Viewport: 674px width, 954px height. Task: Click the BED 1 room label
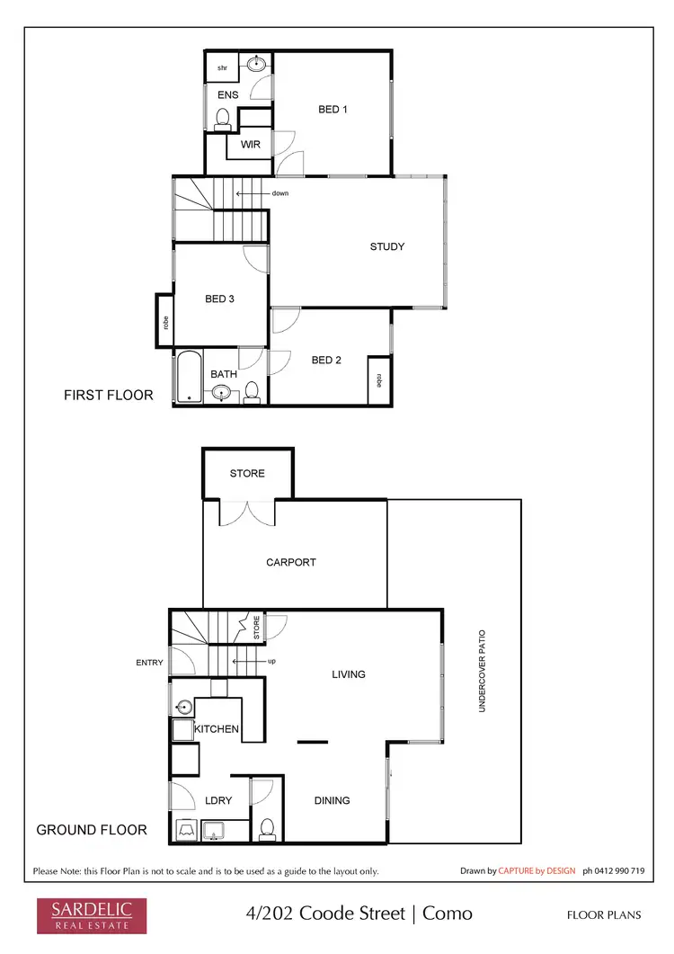(333, 109)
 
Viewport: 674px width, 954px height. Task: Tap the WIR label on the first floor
(250, 144)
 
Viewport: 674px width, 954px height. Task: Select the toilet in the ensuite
(223, 118)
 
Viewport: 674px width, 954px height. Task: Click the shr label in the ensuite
(222, 67)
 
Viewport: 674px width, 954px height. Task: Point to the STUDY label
(387, 246)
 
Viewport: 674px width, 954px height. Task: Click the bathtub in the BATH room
(189, 378)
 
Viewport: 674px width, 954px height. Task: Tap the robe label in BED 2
(379, 381)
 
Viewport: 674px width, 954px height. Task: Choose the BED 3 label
(219, 299)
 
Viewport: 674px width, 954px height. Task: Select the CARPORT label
(291, 562)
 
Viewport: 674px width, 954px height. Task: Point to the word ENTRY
(150, 663)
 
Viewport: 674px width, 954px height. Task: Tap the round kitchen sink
(184, 707)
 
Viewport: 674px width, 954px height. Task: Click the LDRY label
(219, 799)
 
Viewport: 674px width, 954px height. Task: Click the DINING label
(332, 800)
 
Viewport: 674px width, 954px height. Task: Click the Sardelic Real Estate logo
(84, 914)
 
